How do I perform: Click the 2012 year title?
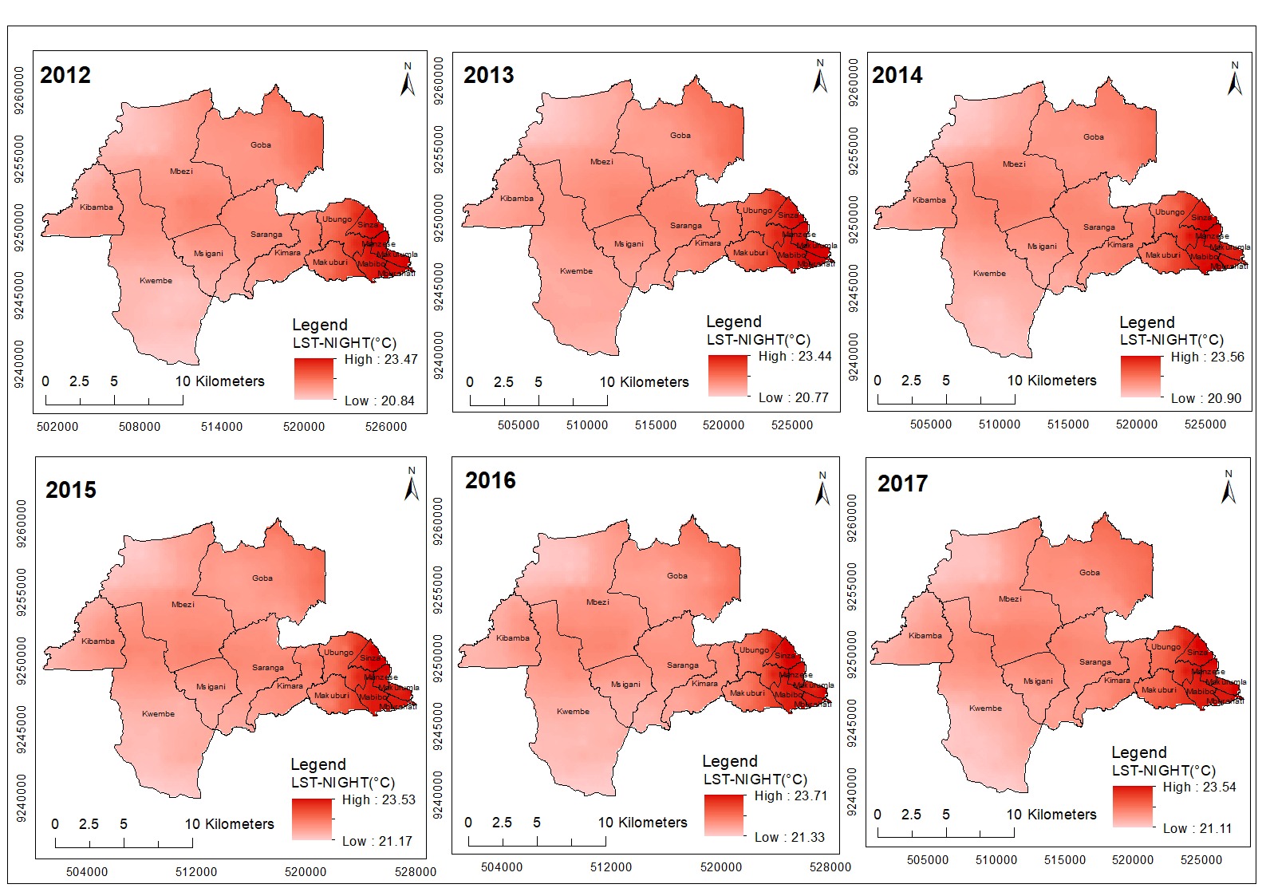(65, 75)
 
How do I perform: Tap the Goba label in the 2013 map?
(680, 136)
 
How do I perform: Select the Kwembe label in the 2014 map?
(989, 274)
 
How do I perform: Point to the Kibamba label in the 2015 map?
(98, 641)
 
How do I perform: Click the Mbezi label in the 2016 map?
(598, 602)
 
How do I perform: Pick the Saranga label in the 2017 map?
(1094, 662)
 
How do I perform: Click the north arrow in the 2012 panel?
(408, 80)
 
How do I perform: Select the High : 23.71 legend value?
(791, 795)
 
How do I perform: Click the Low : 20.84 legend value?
(380, 401)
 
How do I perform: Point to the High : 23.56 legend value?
(1207, 357)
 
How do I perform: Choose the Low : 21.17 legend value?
(377, 841)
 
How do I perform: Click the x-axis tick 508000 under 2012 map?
(140, 427)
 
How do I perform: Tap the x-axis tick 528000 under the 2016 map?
(830, 867)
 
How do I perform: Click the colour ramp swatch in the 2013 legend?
(728, 375)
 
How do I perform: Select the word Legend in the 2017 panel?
(1138, 752)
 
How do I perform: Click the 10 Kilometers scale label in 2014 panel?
(1051, 381)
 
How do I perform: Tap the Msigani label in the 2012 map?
(208, 254)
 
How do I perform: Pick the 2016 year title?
(491, 480)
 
